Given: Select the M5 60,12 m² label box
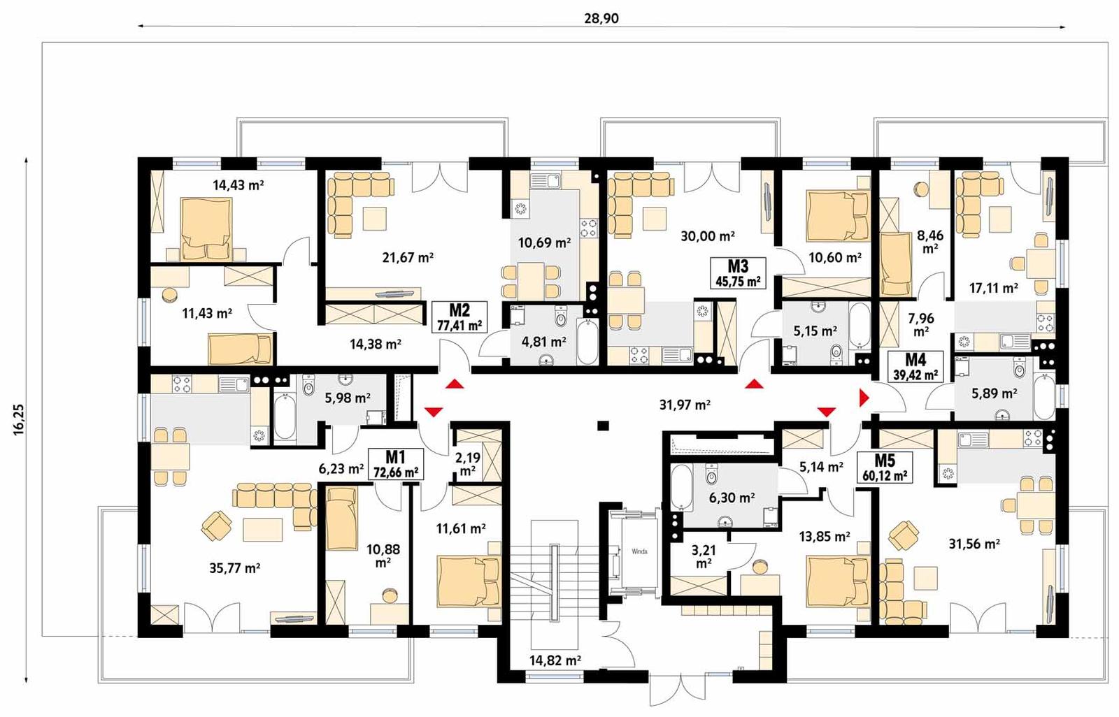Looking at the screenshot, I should [x=884, y=468].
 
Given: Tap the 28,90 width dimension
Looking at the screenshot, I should [x=601, y=19].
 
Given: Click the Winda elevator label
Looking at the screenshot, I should [x=639, y=551].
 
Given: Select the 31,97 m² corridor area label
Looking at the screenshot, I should [x=685, y=405].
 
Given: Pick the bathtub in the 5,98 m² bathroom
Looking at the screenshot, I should [x=285, y=417].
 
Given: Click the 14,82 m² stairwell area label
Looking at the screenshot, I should [x=555, y=660].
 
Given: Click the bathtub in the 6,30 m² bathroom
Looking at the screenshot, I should [x=681, y=488].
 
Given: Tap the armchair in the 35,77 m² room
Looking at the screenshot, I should [x=216, y=526].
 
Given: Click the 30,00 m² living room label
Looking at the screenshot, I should [x=707, y=236].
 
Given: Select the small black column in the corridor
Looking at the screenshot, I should [x=603, y=425].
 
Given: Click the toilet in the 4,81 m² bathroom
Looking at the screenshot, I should [x=560, y=319].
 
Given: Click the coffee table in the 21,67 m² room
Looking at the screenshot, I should [x=374, y=219].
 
